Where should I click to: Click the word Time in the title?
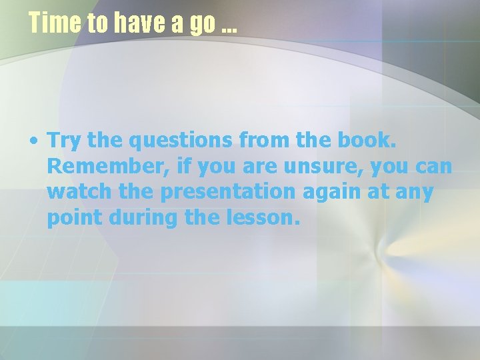coord(53,23)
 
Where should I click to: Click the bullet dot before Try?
coord(32,141)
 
